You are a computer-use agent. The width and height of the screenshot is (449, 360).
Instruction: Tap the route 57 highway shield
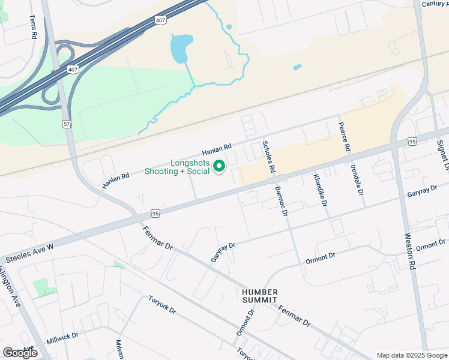pyautogui.click(x=66, y=124)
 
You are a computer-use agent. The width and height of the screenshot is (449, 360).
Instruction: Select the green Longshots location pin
pyautogui.click(x=220, y=166)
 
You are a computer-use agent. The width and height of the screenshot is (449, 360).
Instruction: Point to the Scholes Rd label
pyautogui.click(x=268, y=157)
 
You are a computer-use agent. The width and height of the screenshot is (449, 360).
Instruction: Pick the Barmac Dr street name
pyautogui.click(x=280, y=200)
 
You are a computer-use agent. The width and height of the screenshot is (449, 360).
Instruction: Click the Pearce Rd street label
pyautogui.click(x=345, y=137)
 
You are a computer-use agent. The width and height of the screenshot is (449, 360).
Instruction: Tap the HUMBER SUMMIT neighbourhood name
pyautogui.click(x=260, y=296)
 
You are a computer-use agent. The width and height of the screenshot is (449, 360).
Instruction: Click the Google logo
pyautogui.click(x=20, y=353)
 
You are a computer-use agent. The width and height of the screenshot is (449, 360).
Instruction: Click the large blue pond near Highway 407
pyautogui.click(x=181, y=48)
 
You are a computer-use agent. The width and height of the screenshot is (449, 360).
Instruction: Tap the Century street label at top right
pyautogui.click(x=435, y=4)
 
